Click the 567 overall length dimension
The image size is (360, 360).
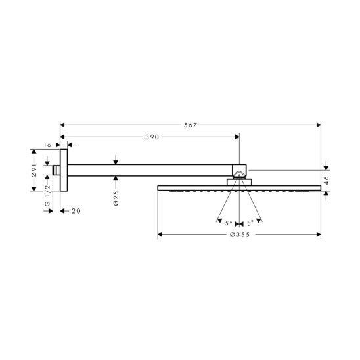tap(191, 125)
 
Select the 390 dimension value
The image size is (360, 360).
tap(152, 137)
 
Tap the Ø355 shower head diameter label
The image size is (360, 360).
tap(240, 235)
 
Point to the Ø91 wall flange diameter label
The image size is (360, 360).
tap(34, 170)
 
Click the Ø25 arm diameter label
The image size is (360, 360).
tap(116, 198)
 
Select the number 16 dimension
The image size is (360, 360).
tap(47, 145)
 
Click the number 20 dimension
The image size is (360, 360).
tap(76, 211)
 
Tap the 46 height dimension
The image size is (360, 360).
tap(326, 181)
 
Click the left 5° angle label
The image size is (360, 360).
tap(229, 223)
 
